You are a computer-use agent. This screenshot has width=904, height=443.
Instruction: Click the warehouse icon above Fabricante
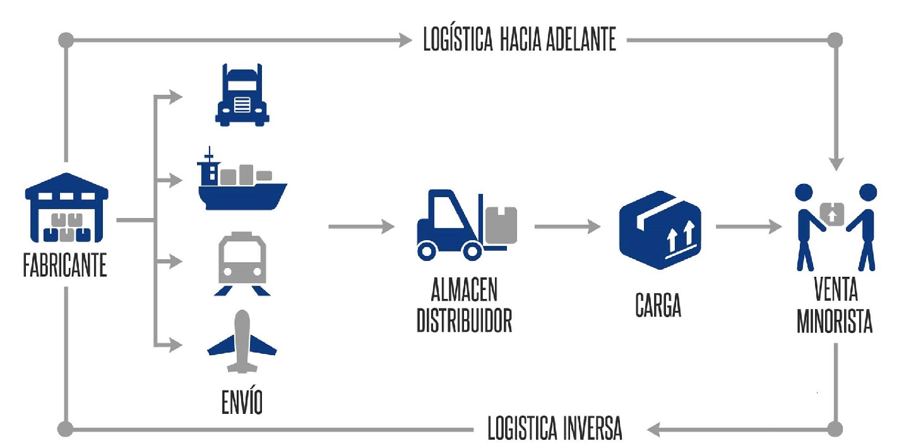pyautogui.click(x=66, y=209)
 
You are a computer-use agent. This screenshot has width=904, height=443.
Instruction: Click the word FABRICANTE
pyautogui.click(x=65, y=267)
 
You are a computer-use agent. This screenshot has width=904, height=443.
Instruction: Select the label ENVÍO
pyautogui.click(x=242, y=402)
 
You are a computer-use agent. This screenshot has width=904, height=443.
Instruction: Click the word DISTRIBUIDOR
pyautogui.click(x=465, y=320)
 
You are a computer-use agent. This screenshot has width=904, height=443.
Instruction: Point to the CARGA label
pyautogui.click(x=658, y=306)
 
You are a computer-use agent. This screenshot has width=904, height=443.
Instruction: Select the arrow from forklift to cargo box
pyautogui.click(x=568, y=226)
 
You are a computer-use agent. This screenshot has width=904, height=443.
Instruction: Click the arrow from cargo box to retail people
pyautogui.click(x=748, y=226)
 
